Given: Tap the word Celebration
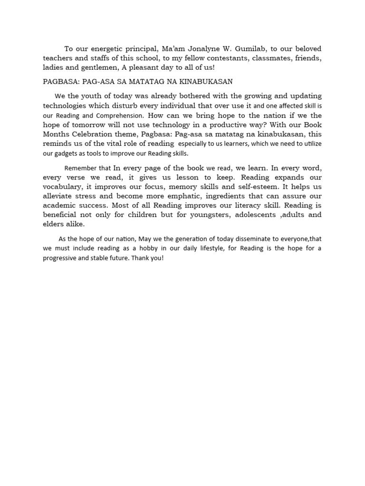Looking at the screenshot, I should coord(98,134).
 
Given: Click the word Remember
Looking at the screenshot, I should coord(81,168).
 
